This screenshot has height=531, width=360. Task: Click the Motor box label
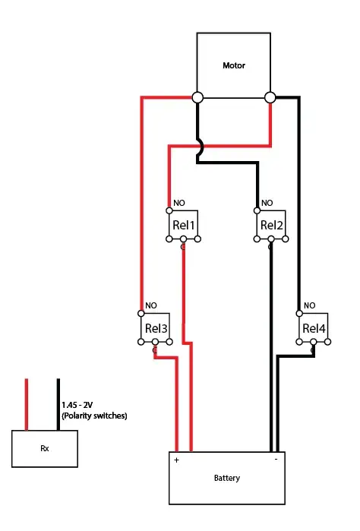pyautogui.click(x=234, y=65)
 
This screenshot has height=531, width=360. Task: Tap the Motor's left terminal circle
pyautogui.click(x=197, y=97)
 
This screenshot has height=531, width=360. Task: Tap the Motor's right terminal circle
pyautogui.click(x=270, y=97)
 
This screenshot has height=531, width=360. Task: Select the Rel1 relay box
pyautogui.click(x=184, y=225)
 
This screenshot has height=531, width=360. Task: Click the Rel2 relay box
pyautogui.click(x=271, y=225)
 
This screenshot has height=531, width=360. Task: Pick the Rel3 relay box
pyautogui.click(x=156, y=328)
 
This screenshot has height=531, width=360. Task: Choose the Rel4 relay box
pyautogui.click(x=314, y=328)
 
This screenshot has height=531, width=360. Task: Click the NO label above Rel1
pyautogui.click(x=179, y=203)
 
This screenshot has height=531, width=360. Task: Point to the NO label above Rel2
pyautogui.click(x=267, y=203)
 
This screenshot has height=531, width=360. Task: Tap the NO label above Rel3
pyautogui.click(x=151, y=305)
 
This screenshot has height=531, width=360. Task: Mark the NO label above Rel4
pyautogui.click(x=309, y=305)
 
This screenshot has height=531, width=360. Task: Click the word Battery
pyautogui.click(x=227, y=478)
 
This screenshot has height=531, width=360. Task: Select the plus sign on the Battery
pyautogui.click(x=177, y=460)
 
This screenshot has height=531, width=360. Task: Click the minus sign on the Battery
pyautogui.click(x=276, y=459)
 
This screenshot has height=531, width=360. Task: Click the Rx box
pyautogui.click(x=45, y=448)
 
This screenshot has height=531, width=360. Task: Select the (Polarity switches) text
pyautogui.click(x=94, y=416)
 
